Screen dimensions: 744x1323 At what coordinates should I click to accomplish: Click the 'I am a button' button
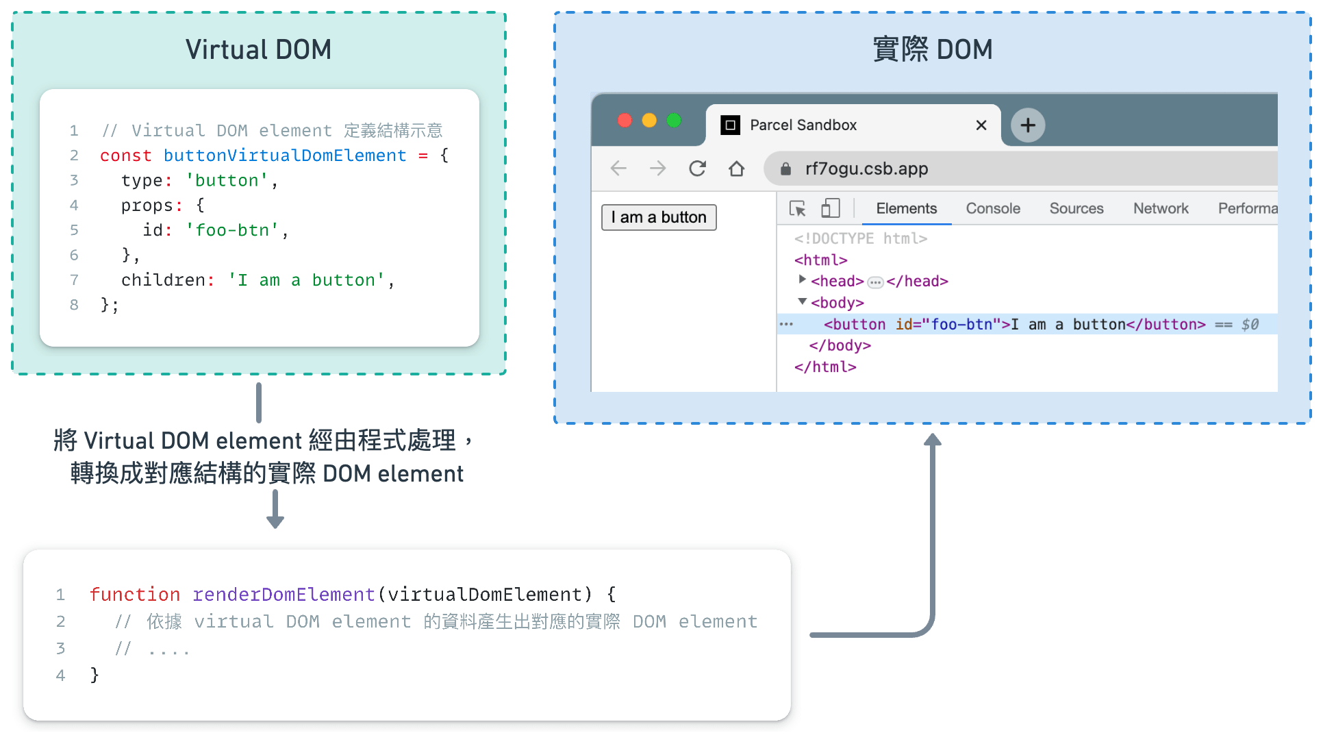coord(659,217)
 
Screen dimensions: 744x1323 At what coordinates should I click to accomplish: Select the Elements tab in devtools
coord(906,208)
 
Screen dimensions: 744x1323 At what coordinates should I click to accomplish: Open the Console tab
coord(993,208)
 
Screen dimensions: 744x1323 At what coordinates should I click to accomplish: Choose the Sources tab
coord(1076,208)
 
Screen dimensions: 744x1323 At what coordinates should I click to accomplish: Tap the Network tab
coord(1161,208)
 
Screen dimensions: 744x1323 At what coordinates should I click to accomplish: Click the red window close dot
coord(625,121)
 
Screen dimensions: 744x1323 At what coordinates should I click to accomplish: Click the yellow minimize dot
coord(649,121)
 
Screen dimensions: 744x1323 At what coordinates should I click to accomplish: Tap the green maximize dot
coord(674,121)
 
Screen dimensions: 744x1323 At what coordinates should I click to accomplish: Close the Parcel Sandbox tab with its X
coord(981,125)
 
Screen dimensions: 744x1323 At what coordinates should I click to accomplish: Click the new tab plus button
coord(1028,125)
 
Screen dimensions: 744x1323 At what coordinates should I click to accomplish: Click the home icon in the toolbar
coord(736,169)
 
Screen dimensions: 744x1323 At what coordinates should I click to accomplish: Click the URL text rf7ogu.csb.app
coord(866,169)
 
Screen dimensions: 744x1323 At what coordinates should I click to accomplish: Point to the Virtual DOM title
coord(258,49)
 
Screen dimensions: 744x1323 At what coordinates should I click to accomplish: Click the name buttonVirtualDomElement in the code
coord(285,156)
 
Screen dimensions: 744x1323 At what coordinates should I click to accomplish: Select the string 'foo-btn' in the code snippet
coord(232,230)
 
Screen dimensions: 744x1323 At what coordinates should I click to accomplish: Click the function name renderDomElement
coord(283,594)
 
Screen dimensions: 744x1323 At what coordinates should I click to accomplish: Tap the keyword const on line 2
coord(125,156)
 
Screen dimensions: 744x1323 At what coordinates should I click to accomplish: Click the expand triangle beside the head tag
coord(802,280)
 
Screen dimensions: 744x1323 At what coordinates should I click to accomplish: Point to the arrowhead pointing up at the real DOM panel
coord(933,440)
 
